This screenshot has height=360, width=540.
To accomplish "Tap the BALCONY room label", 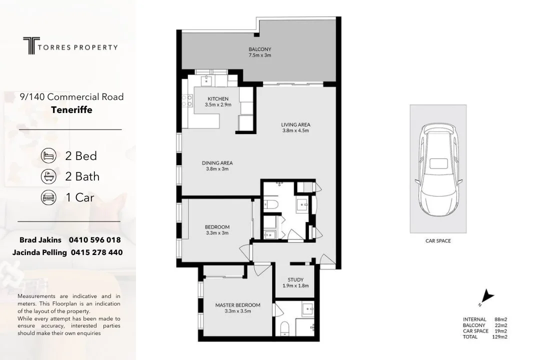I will (x=259, y=49).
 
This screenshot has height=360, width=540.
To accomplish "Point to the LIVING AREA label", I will (x=295, y=124).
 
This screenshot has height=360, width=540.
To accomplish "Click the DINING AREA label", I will (x=217, y=163).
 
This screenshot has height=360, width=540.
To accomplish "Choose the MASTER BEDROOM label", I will (x=237, y=305).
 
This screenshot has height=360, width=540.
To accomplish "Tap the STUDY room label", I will (x=295, y=280).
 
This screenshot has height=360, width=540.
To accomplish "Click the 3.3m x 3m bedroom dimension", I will (x=217, y=233).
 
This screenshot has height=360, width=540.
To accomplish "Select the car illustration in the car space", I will (x=438, y=169).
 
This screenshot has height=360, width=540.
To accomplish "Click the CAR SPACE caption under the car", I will (x=437, y=241).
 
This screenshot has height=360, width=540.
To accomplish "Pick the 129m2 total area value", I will (x=499, y=337).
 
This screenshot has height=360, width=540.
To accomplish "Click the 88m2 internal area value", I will (x=501, y=319).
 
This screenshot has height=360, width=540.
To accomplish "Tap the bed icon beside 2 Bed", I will (x=48, y=155).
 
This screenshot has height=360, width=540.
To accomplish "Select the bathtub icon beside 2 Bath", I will (x=48, y=176).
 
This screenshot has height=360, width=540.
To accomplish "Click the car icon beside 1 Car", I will (x=48, y=197).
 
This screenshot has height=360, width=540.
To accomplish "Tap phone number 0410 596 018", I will (x=96, y=240).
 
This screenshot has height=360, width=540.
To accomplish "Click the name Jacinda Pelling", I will (x=39, y=252).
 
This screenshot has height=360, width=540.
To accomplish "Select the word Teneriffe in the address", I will (x=71, y=110).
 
